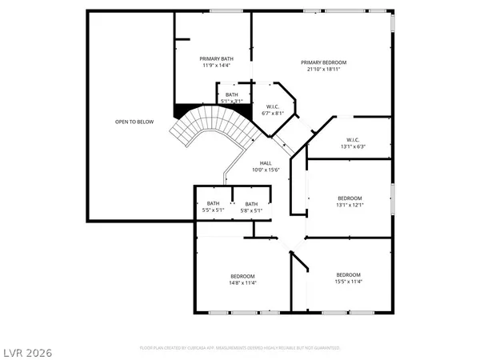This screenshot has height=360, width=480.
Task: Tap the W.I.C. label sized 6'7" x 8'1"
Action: [272, 107]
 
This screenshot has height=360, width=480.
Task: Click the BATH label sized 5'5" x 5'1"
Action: [214, 203]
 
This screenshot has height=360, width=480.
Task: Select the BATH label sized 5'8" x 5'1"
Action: [252, 203]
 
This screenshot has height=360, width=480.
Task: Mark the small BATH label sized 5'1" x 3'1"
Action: [231, 95]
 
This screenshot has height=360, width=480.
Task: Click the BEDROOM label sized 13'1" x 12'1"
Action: [350, 198]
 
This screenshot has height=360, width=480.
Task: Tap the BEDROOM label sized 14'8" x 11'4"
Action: [243, 276]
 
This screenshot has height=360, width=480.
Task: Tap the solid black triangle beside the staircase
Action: [182, 112]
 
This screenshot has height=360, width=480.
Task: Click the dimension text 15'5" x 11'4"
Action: [349, 281]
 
